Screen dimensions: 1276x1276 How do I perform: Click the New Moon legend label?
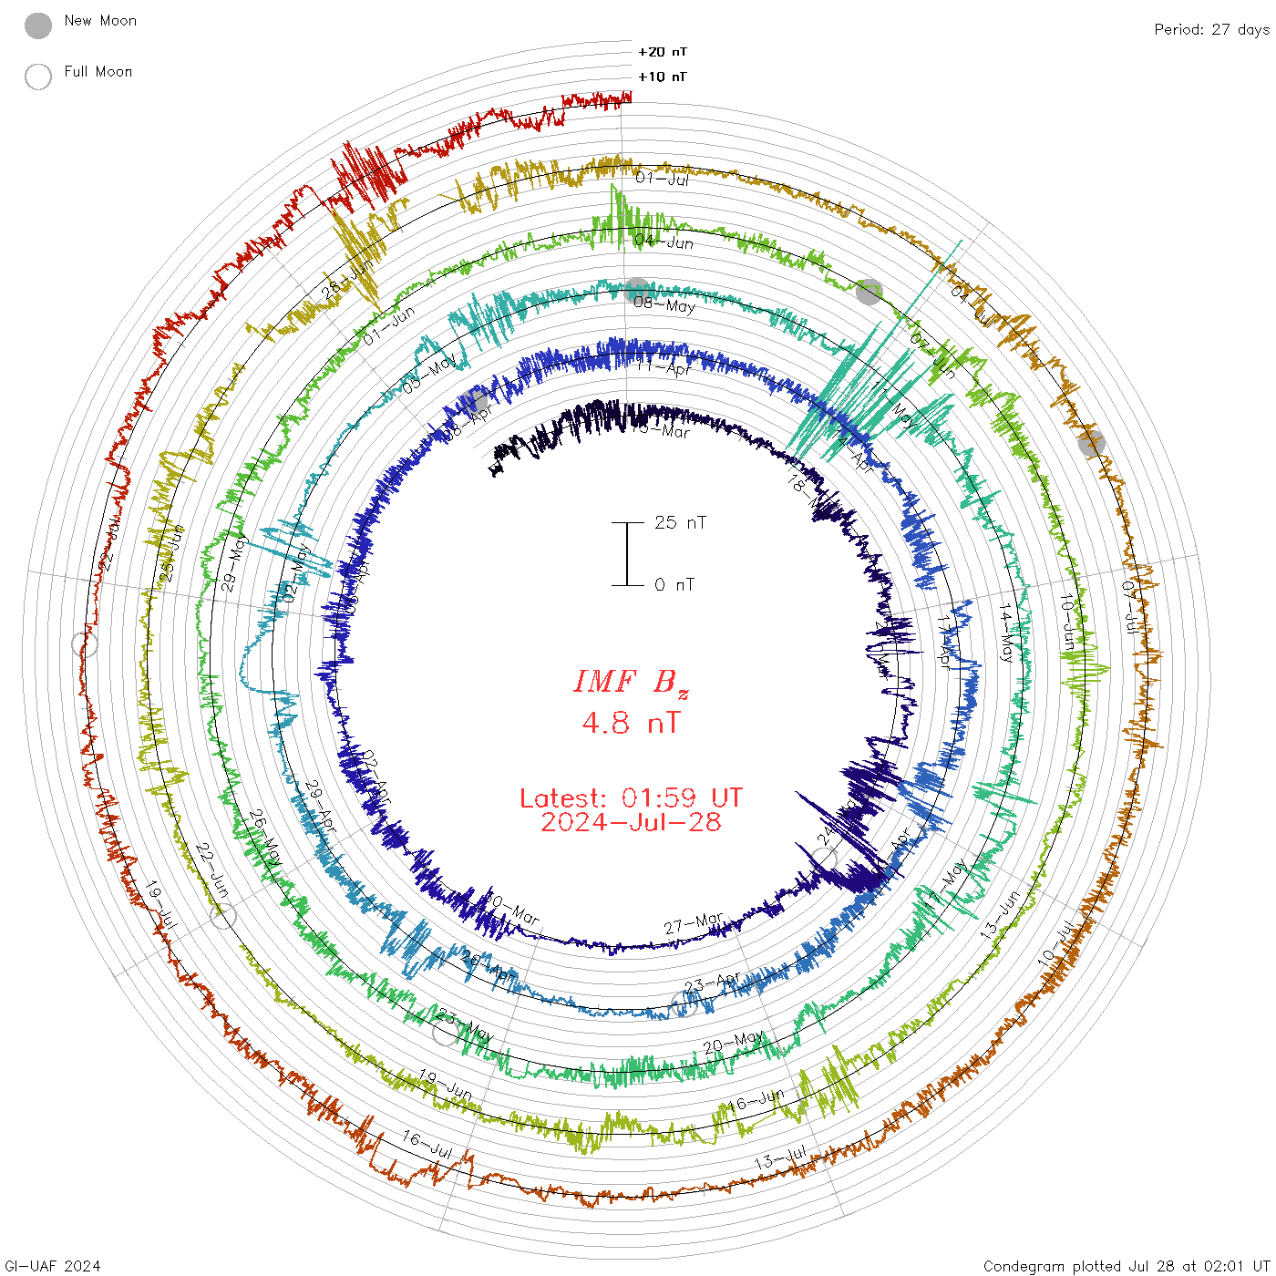tap(100, 21)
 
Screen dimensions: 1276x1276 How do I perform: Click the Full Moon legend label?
tap(98, 72)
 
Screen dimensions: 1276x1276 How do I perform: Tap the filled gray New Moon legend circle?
tap(38, 26)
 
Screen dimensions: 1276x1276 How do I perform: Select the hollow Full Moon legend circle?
tap(38, 77)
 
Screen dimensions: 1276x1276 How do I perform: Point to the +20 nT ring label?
tap(663, 52)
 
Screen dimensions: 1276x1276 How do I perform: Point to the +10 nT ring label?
tap(663, 77)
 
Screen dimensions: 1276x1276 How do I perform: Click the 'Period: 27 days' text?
tap(1211, 30)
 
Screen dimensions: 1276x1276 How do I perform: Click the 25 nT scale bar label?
tap(680, 523)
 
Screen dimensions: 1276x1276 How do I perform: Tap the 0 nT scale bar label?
tap(674, 585)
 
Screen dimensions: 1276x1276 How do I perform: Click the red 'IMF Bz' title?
tap(631, 682)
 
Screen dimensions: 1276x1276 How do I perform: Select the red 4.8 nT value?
tap(631, 724)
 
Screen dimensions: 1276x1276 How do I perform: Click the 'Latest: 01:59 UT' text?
tap(631, 798)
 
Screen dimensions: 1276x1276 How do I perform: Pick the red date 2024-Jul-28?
tap(631, 822)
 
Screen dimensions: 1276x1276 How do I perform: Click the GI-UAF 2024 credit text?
tap(53, 1266)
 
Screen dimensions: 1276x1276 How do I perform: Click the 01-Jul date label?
tap(663, 179)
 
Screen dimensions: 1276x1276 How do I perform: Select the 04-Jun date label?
tap(664, 242)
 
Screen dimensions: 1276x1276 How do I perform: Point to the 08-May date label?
tap(664, 304)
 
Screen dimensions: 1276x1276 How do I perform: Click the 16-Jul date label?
tap(427, 1145)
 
